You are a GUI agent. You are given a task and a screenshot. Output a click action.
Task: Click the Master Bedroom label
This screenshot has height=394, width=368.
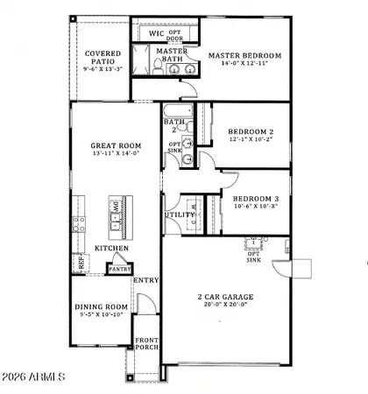point(244,55)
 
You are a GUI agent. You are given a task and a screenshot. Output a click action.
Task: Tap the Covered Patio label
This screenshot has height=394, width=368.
point(103,59)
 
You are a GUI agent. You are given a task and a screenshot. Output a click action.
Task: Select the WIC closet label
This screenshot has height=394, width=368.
point(157,34)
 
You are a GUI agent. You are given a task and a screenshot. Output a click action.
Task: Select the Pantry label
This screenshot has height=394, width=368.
point(119,269)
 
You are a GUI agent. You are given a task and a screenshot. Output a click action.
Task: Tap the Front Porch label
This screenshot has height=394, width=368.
point(145,348)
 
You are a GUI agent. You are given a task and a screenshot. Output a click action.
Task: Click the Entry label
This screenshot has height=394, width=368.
point(145,280)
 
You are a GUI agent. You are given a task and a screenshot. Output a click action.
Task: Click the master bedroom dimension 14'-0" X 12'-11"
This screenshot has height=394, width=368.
point(244,65)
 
